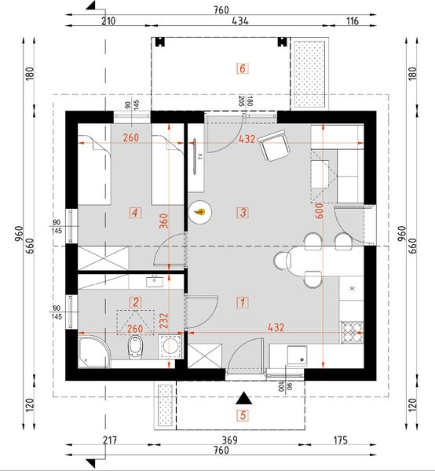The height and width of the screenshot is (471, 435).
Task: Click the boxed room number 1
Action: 243,301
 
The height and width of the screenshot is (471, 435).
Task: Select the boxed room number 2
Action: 136,301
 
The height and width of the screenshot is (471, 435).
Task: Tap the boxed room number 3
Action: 243,212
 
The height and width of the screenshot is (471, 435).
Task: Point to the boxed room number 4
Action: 136,212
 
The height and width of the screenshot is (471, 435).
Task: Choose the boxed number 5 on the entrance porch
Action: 243,415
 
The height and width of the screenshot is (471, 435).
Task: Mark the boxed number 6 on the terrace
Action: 243,68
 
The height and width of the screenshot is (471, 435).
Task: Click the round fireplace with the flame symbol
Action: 200,211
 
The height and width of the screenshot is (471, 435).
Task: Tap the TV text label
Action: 201,157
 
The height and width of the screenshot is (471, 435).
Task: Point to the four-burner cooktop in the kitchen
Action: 352,332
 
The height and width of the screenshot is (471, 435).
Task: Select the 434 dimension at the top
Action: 240,22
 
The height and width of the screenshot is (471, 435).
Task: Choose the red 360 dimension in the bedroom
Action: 163,222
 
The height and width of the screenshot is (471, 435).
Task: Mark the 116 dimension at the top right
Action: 351,22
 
